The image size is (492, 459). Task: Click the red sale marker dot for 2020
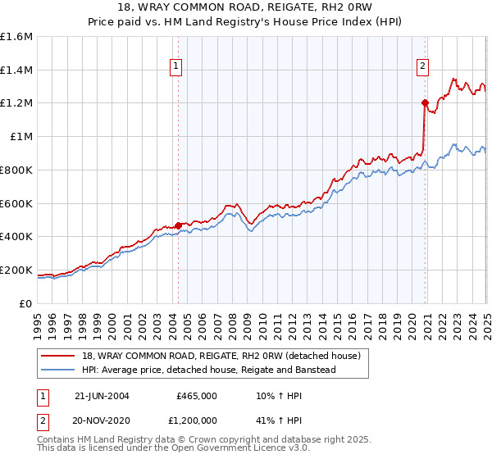[425, 103]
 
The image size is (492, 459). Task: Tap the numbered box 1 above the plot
[176, 68]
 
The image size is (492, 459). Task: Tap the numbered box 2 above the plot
[422, 68]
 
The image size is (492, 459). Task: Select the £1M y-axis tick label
[21, 137]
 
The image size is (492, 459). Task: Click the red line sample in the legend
[57, 355]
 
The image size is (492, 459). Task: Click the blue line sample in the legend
[57, 370]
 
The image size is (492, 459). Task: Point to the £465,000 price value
[197, 396]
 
